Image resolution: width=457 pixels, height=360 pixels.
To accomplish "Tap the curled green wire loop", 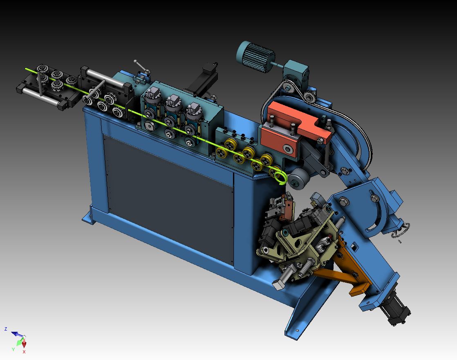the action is pos(280,177).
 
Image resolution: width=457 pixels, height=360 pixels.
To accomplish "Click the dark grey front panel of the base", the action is pos(169,198).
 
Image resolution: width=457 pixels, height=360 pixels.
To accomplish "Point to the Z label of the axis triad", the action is pos(6,329).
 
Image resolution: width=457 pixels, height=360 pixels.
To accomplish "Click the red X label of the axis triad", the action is pos(24,352).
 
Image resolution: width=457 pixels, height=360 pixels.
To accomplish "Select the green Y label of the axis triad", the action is pos(13,349).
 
